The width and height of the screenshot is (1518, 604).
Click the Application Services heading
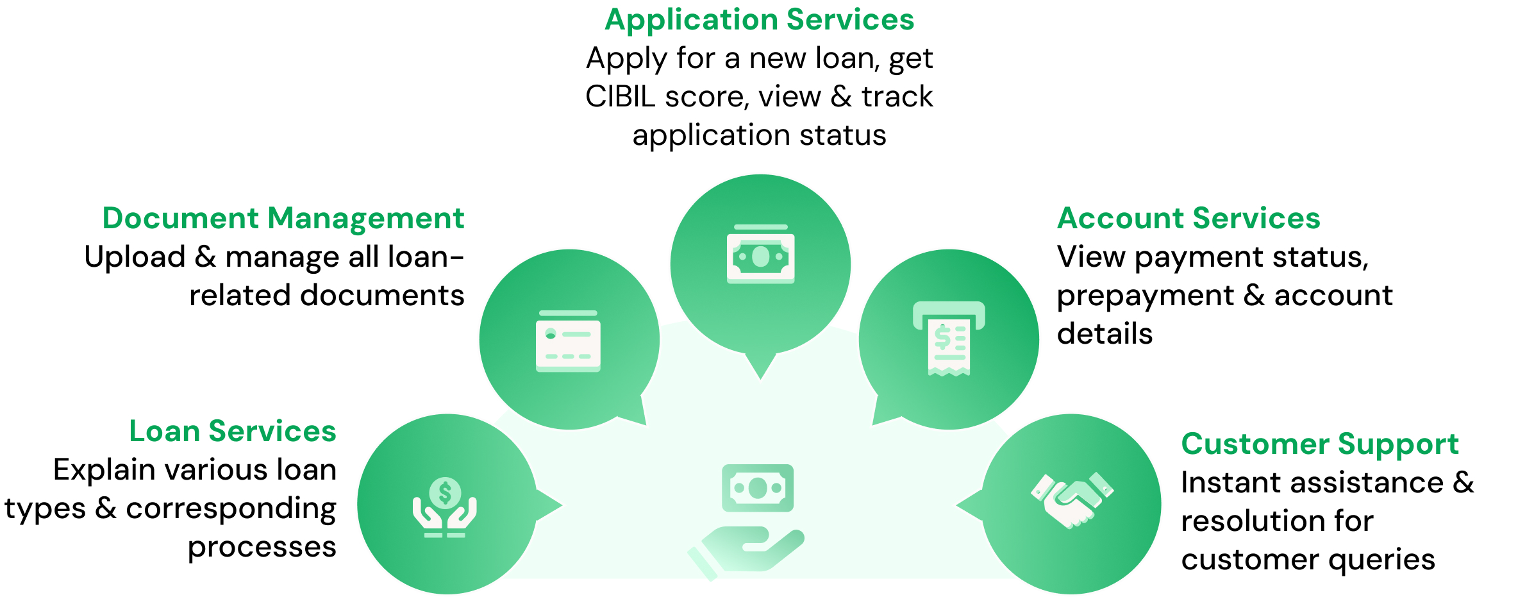click(x=759, y=20)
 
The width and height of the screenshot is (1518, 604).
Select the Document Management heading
click(x=283, y=219)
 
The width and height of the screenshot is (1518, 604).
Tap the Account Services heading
click(x=1188, y=219)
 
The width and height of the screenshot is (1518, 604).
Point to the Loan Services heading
click(x=232, y=432)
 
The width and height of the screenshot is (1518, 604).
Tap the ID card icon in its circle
click(x=568, y=341)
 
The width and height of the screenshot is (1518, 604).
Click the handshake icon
click(x=1072, y=500)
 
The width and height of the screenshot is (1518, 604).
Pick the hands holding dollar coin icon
click(x=445, y=507)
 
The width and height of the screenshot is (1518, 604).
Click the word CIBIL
click(x=620, y=97)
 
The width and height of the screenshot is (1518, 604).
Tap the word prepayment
click(x=1145, y=296)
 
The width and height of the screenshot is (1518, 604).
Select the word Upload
click(x=135, y=257)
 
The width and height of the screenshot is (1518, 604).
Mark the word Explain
click(x=104, y=470)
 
